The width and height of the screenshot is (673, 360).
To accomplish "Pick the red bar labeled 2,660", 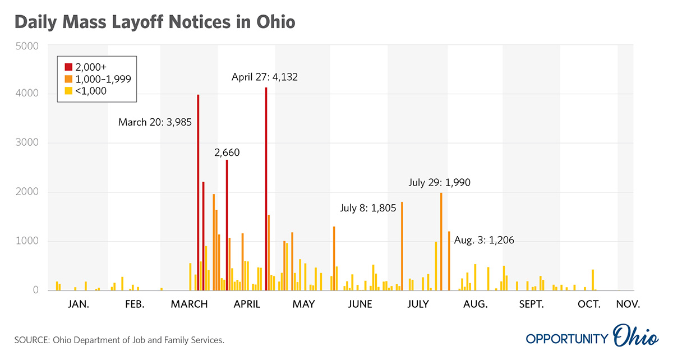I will [227, 225].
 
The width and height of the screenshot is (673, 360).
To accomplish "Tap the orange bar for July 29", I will [441, 241].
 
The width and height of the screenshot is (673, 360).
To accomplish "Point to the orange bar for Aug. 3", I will [449, 261].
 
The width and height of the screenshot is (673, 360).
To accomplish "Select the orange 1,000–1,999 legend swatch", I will [69, 79].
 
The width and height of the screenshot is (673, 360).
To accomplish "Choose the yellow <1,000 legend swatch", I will [69, 90].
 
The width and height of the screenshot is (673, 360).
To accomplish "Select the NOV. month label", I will [627, 304].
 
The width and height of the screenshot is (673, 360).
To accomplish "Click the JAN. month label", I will [79, 304].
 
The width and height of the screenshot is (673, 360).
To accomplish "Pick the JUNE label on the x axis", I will [359, 304].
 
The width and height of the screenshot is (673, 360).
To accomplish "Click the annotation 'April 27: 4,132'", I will [264, 77].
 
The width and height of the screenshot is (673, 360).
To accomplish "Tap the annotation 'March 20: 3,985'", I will [155, 122].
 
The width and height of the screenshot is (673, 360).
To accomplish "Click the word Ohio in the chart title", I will [274, 22].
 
